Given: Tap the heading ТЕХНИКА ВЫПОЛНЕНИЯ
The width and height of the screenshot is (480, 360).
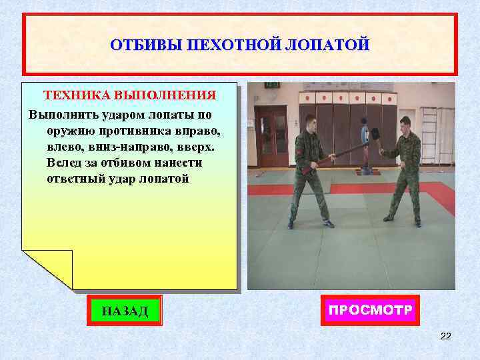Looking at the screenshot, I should point(129,95).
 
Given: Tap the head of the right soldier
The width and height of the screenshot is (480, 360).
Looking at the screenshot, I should point(405,123).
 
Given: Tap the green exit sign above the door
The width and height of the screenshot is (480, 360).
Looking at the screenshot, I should point(271,85).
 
